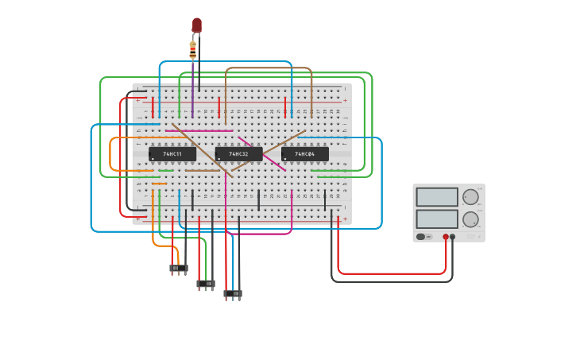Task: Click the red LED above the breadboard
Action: point(197,25)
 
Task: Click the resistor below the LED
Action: point(192,49)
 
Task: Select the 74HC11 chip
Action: point(172,153)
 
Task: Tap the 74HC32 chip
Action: point(238,153)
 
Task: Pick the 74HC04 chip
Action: point(304,153)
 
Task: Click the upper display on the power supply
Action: point(437,197)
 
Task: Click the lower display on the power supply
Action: point(437,219)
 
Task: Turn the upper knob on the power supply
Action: point(470,197)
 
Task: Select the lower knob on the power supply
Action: point(470,219)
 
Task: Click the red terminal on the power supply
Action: point(446,237)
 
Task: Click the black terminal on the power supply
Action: point(453,237)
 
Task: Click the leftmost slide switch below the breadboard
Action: point(179,269)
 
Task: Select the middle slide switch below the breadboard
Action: point(206,283)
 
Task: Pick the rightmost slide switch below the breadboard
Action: point(233,293)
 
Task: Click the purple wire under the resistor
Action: point(192,87)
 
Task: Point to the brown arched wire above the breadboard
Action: point(269,68)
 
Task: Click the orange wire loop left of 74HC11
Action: point(110,155)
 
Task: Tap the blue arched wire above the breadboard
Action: point(226,61)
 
